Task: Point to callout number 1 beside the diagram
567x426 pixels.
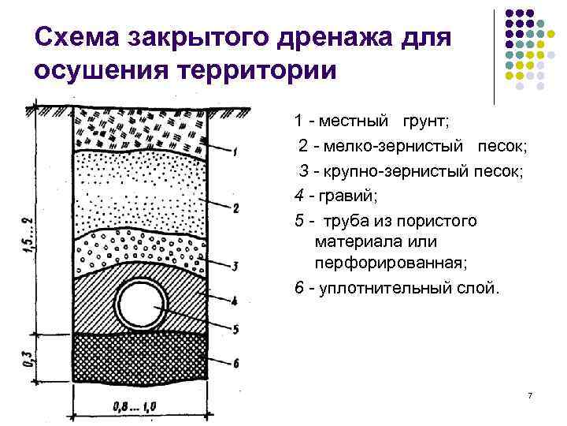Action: click(236, 151)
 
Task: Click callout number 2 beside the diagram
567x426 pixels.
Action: click(236, 208)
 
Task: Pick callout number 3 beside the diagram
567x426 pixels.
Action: click(236, 265)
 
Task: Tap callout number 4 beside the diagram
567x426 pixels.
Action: click(236, 300)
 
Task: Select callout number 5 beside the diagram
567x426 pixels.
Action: click(236, 329)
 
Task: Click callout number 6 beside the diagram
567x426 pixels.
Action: click(236, 361)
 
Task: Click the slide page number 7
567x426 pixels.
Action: click(530, 394)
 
